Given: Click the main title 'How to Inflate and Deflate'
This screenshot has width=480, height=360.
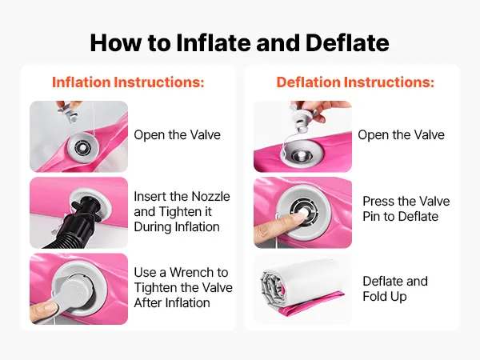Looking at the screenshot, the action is tap(240, 42).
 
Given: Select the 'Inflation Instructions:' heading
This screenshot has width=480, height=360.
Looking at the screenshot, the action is tap(128, 82).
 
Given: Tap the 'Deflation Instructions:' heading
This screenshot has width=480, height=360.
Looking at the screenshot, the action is tap(355, 82).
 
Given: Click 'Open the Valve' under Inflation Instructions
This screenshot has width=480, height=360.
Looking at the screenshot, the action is tap(178, 134).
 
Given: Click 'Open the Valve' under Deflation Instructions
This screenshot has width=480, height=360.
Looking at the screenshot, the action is tap(401, 134).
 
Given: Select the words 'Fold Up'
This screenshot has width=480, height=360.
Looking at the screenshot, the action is tap(385, 296).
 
